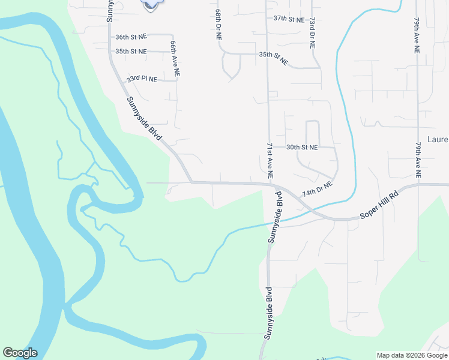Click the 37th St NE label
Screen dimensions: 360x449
coord(288,19)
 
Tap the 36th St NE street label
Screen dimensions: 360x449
coord(131,37)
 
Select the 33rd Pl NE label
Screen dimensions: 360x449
coord(142,79)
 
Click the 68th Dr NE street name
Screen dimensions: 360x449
coord(218,25)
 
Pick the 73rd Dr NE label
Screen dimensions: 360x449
coord(312,32)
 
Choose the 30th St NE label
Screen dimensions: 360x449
coord(301,147)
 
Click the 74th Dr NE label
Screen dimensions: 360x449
coord(317,190)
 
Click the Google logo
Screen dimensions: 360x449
coord(20,353)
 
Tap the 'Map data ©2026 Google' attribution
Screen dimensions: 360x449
coord(412,355)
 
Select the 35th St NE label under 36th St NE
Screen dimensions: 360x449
coord(131,52)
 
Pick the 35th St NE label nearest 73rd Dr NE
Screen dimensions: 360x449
coord(274,59)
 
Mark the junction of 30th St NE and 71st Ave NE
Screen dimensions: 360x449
coord(268,147)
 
